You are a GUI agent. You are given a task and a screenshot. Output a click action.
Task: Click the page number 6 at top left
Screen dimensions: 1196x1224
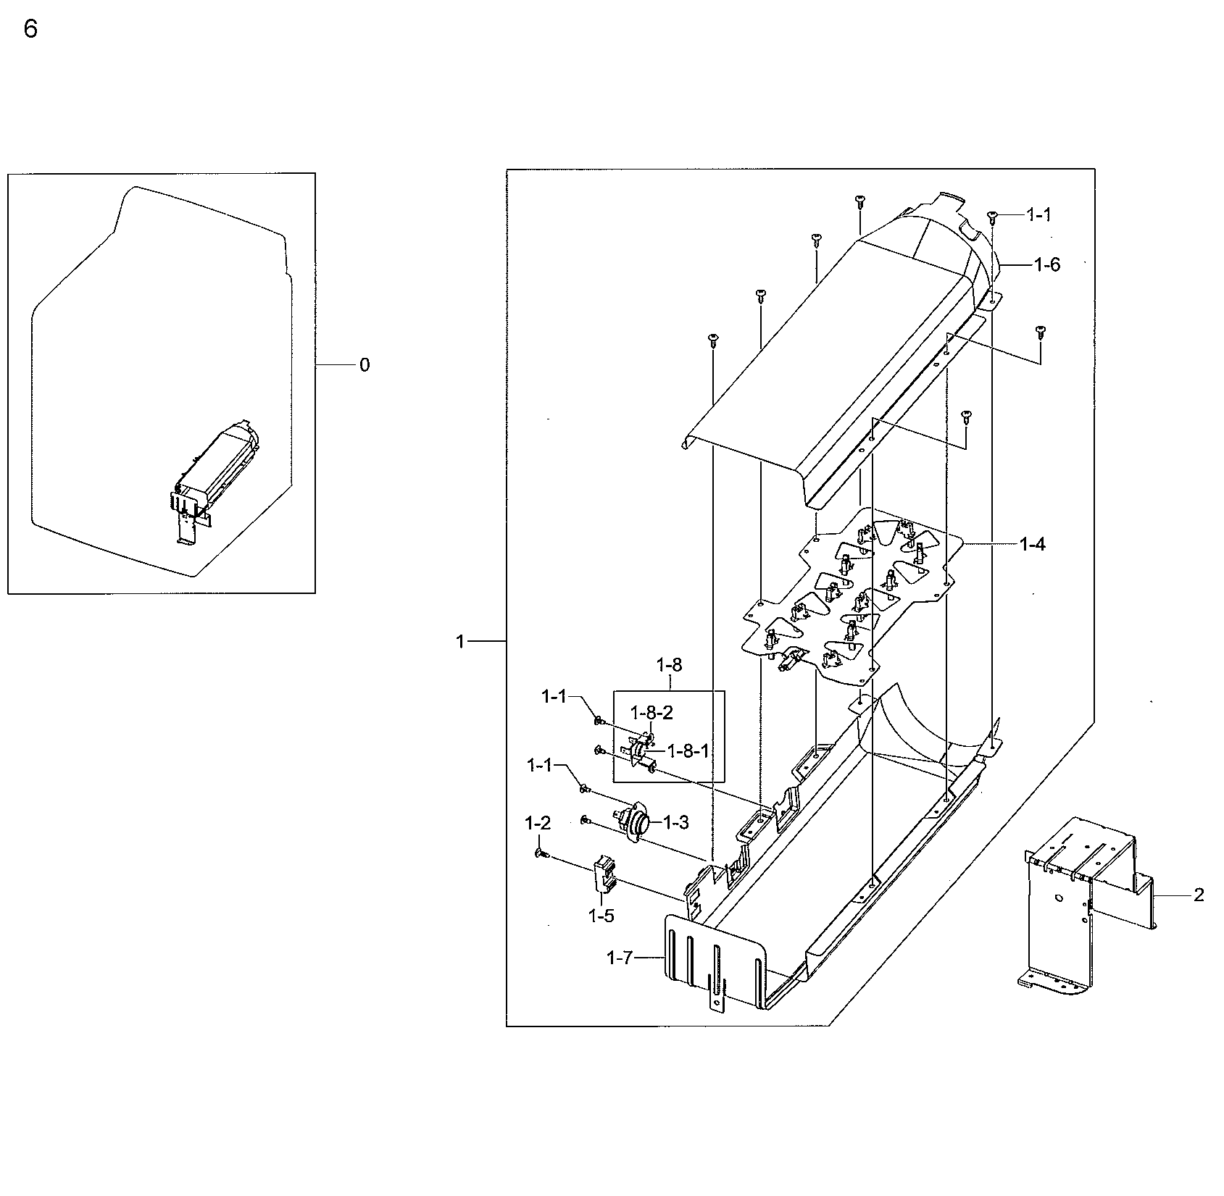pos(30,30)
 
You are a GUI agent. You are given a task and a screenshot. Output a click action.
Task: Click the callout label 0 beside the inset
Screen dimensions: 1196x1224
pos(365,365)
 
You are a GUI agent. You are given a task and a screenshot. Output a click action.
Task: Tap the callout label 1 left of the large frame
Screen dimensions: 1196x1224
pos(459,641)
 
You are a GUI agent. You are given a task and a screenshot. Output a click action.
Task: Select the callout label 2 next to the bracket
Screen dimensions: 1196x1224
pos(1199,895)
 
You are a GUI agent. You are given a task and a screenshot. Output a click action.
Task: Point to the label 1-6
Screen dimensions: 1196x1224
pos(1046,265)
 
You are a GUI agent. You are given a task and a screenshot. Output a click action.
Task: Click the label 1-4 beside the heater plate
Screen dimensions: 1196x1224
pos(1032,544)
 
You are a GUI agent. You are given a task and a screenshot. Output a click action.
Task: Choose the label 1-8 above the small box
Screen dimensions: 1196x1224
pos(669,664)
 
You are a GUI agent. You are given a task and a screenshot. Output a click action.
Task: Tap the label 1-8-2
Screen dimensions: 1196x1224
pos(651,713)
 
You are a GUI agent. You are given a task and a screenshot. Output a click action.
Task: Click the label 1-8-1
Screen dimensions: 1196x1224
pos(687,750)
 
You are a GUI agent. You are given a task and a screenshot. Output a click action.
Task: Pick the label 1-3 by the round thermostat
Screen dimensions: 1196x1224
pos(675,822)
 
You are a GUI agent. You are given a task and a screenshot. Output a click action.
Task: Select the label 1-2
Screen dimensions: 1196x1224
pos(538,823)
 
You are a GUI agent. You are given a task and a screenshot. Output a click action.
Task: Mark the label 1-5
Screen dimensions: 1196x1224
pos(601,916)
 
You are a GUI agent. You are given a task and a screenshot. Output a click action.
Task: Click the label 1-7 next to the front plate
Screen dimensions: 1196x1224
pos(620,958)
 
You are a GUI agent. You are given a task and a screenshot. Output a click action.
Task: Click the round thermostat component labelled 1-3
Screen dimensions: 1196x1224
pos(636,824)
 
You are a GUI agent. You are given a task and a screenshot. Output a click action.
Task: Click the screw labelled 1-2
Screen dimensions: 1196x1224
pos(540,853)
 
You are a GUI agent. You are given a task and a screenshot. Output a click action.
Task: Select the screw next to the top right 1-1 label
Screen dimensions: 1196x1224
pos(993,215)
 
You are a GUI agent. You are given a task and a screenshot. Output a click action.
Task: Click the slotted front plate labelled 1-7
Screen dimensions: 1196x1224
pos(714,960)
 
